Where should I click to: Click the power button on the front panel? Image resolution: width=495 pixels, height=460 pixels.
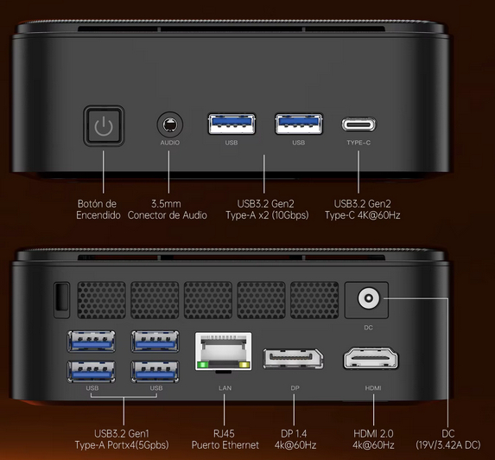pyautogui.click(x=104, y=125)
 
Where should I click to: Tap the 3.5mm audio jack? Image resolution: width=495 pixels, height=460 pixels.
pyautogui.click(x=170, y=125)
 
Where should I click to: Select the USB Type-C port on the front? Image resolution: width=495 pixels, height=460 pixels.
pyautogui.click(x=359, y=125)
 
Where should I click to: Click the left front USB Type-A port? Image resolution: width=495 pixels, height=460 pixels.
pyautogui.click(x=232, y=124)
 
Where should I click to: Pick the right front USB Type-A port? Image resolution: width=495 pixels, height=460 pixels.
pyautogui.click(x=299, y=124)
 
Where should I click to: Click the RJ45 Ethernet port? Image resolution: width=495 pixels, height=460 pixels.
pyautogui.click(x=224, y=351)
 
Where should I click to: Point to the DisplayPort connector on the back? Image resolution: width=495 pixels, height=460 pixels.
pyautogui.click(x=293, y=359)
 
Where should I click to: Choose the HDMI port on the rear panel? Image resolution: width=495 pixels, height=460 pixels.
pyautogui.click(x=371, y=358)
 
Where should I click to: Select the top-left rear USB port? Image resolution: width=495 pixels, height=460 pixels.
pyautogui.click(x=92, y=342)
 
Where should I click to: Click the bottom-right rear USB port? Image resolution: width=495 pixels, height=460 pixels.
pyautogui.click(x=155, y=372)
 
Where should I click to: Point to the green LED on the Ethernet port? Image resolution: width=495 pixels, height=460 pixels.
pyautogui.click(x=202, y=365)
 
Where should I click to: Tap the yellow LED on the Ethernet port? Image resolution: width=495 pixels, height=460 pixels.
pyautogui.click(x=244, y=365)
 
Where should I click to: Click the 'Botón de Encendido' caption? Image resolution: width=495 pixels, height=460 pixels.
pyautogui.click(x=98, y=209)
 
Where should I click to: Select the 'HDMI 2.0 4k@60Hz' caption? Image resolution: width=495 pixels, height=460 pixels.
pyautogui.click(x=373, y=439)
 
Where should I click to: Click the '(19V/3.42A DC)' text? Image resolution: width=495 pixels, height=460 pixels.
pyautogui.click(x=448, y=444)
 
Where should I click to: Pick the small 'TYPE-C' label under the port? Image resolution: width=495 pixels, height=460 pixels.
pyautogui.click(x=359, y=143)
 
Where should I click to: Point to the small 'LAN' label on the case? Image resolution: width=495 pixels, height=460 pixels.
pyautogui.click(x=225, y=387)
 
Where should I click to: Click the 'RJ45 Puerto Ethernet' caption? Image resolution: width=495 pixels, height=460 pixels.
pyautogui.click(x=225, y=439)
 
